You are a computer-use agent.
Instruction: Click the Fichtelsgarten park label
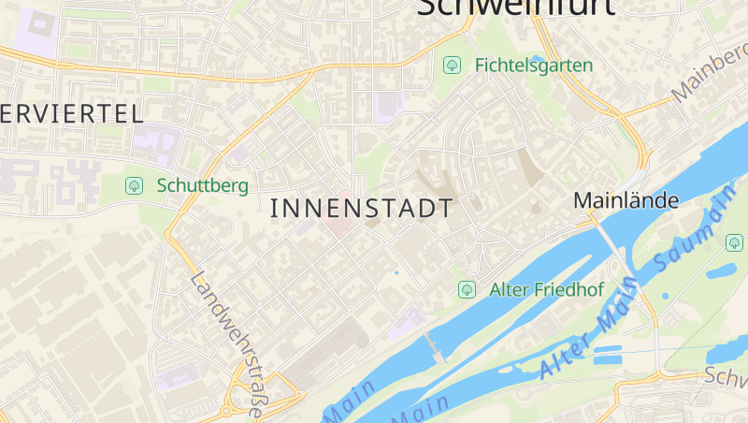[534, 66]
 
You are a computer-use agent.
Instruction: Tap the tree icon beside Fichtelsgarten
[453, 66]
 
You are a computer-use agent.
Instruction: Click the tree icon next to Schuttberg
[134, 185]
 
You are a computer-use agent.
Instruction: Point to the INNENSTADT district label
[361, 209]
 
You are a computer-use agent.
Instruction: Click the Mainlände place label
[626, 200]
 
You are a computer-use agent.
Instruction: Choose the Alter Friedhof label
[547, 290]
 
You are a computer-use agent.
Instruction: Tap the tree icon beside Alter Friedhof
[467, 290]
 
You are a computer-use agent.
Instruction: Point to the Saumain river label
[690, 238]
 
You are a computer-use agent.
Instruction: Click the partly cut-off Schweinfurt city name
[515, 7]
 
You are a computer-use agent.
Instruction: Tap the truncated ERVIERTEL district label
[71, 114]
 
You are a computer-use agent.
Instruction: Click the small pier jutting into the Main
[434, 345]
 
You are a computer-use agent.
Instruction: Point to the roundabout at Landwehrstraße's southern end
[227, 410]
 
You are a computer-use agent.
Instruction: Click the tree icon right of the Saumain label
[734, 242]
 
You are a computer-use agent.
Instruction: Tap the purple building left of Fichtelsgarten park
[387, 105]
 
